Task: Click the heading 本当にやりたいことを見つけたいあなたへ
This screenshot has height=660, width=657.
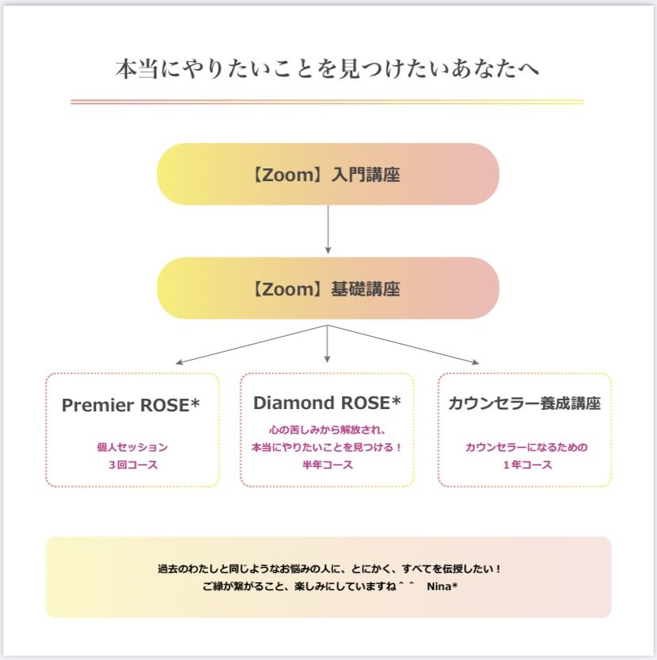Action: pyautogui.click(x=327, y=69)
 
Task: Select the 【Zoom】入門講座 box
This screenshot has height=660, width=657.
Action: pyautogui.click(x=328, y=174)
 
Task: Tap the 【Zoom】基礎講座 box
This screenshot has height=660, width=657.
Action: pyautogui.click(x=328, y=288)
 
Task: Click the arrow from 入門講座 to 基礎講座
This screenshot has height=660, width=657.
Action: pyautogui.click(x=328, y=230)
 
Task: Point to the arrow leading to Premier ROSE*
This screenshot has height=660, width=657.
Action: pyautogui.click(x=252, y=345)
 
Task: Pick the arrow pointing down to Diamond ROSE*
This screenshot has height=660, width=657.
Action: pyautogui.click(x=327, y=343)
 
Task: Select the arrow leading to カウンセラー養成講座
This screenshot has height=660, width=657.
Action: pyautogui.click(x=403, y=345)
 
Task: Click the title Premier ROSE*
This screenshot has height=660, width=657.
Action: pyautogui.click(x=130, y=405)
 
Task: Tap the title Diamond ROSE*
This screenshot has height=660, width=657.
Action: pyautogui.click(x=327, y=403)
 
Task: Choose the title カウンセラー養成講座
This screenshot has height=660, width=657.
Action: pyautogui.click(x=524, y=403)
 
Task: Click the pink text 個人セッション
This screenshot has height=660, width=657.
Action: pyautogui.click(x=133, y=447)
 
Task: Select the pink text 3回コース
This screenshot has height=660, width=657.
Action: pyautogui.click(x=133, y=465)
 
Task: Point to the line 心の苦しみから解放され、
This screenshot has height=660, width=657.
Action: pyautogui.click(x=327, y=430)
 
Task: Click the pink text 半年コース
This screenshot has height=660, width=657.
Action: pyautogui.click(x=327, y=465)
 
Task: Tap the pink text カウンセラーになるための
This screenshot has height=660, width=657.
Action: pyautogui.click(x=526, y=447)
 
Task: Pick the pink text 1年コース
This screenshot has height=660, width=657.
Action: pyautogui.click(x=528, y=465)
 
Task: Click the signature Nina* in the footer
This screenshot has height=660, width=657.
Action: pyautogui.click(x=442, y=586)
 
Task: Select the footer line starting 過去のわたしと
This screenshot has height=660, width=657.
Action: pyautogui.click(x=329, y=569)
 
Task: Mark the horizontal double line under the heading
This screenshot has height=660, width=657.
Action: pyautogui.click(x=327, y=102)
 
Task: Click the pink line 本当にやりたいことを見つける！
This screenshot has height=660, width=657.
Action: pyautogui.click(x=327, y=447)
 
